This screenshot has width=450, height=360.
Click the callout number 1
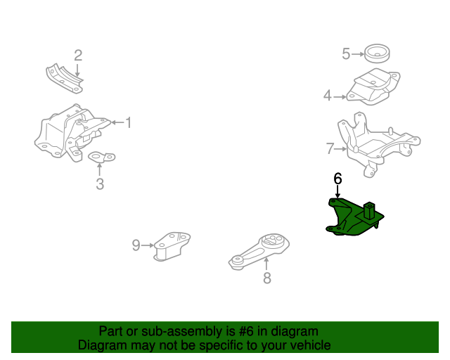pos(128,123)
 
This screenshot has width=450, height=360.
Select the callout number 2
pos(78,55)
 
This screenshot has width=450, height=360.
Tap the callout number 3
pos(99,184)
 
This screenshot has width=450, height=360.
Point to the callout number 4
pos(327,96)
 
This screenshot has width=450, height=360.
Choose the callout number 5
pos(346,54)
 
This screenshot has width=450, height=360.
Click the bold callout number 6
pos(337,179)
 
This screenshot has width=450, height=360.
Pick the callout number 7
pos(330,148)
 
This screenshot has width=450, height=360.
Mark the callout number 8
pos(266,278)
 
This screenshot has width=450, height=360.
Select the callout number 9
pos(136,245)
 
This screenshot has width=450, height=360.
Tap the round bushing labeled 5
pos(378,54)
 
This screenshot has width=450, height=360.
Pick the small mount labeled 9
pos(172,245)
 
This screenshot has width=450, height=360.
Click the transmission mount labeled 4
pos(373,88)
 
